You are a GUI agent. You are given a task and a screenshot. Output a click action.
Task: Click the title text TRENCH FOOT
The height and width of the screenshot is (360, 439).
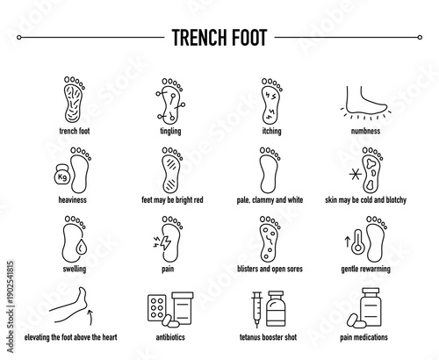[219, 38]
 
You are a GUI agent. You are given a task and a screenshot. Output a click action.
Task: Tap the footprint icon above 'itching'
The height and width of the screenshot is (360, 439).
[270, 102]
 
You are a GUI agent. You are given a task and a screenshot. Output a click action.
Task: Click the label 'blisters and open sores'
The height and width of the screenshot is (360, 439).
[270, 270]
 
